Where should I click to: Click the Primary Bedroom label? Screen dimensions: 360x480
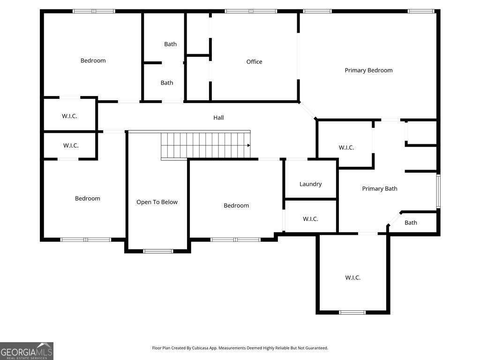[x=368, y=70]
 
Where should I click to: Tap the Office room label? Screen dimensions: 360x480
[x=254, y=62]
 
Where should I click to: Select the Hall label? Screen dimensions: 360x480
[x=218, y=118]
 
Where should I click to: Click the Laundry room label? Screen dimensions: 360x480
[x=310, y=184]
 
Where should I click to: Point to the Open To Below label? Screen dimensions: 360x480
[x=157, y=202]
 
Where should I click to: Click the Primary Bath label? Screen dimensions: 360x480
[x=380, y=188]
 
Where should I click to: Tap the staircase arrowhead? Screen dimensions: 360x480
[x=249, y=145]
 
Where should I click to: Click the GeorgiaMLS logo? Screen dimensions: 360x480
[x=26, y=351]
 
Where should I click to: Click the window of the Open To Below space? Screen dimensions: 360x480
[x=158, y=251]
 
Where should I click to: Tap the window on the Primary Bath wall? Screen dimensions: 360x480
[x=438, y=191]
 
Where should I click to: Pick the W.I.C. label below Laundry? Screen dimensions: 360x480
[x=310, y=219]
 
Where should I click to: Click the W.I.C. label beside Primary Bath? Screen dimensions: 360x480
[x=346, y=148]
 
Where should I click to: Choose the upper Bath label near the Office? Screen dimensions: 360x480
[x=170, y=44]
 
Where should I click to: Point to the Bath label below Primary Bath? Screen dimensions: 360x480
[x=411, y=223]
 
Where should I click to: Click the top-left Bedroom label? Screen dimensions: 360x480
[x=93, y=60]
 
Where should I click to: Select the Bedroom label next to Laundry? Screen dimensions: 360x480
[x=236, y=205]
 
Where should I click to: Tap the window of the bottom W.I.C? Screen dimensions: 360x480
[x=352, y=312]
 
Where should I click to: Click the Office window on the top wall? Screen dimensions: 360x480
[x=251, y=11]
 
